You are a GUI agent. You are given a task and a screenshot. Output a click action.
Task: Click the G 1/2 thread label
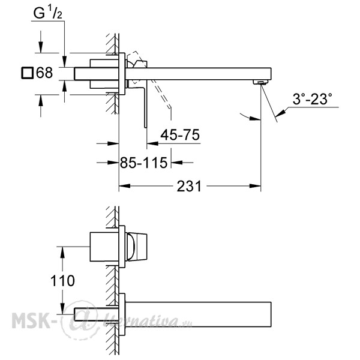pyautogui.click(x=48, y=13)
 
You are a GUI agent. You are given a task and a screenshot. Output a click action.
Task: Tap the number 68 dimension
pyautogui.click(x=44, y=73)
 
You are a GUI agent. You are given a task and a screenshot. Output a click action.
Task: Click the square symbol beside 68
pyautogui.click(x=28, y=73)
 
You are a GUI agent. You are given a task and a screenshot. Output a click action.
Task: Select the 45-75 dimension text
pyautogui.click(x=180, y=134)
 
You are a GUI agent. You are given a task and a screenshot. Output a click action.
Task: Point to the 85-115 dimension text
pyautogui.click(x=144, y=163)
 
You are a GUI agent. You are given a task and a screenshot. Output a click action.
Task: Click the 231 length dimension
pyautogui.click(x=189, y=186)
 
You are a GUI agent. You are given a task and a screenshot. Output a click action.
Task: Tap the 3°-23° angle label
pyautogui.click(x=312, y=99)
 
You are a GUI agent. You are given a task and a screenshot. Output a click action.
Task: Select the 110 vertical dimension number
pyautogui.click(x=62, y=281)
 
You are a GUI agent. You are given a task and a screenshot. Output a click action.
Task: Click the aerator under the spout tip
pyautogui.click(x=261, y=82)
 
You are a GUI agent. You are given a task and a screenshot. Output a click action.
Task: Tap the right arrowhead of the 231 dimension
pyautogui.click(x=255, y=186)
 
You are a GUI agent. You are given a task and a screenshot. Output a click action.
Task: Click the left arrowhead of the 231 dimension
pyautogui.click(x=125, y=186)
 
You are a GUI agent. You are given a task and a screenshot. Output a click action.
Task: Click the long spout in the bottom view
pyautogui.click(x=198, y=314)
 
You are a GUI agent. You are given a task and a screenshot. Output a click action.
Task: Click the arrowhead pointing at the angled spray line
pyautogui.click(x=281, y=113)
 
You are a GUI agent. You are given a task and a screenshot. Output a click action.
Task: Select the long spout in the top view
pyautogui.click(x=198, y=74)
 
